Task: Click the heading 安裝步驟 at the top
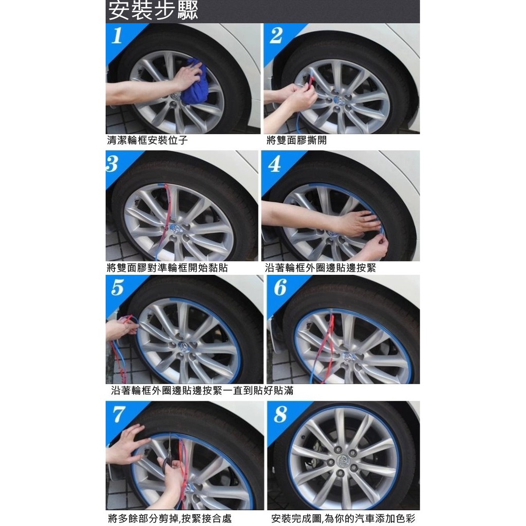[153, 11]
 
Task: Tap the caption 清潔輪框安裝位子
[147, 140]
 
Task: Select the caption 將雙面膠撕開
[296, 140]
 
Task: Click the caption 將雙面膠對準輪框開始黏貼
[167, 268]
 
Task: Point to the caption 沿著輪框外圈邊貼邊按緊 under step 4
[321, 268]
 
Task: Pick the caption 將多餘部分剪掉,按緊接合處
[170, 519]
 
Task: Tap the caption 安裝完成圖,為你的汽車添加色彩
[343, 519]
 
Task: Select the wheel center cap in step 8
[344, 460]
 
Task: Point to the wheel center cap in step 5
[184, 347]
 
